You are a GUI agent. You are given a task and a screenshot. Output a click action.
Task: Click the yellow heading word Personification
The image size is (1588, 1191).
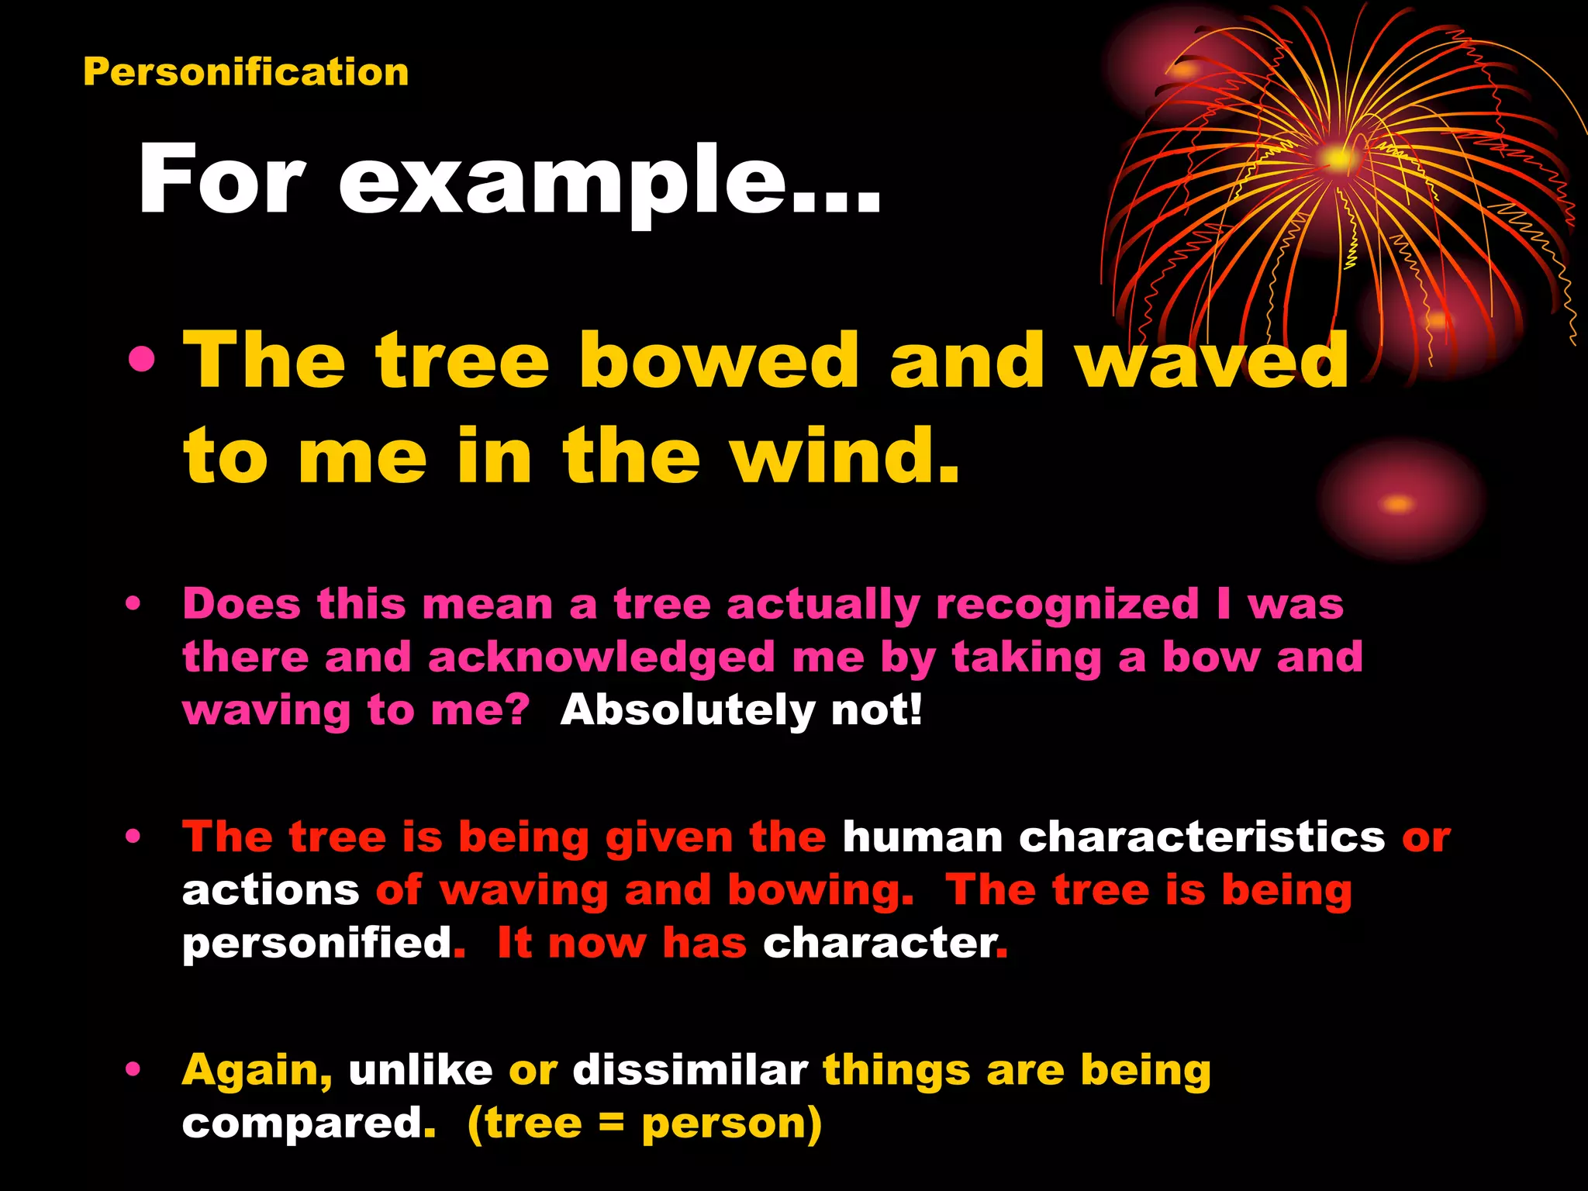[246, 72]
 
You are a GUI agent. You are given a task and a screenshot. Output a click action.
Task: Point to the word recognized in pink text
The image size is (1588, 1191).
[1067, 604]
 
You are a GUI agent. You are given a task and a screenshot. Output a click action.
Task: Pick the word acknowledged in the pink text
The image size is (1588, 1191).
[601, 658]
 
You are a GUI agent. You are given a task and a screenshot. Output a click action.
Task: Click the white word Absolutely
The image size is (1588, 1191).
[688, 709]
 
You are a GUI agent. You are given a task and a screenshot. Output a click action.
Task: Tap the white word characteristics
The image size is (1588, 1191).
[1201, 837]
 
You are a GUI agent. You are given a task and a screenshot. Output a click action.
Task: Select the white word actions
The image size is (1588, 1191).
[271, 890]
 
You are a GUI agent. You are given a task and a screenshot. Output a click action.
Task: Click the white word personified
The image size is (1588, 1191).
[317, 944]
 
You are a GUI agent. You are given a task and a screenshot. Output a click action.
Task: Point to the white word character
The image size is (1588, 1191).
[879, 943]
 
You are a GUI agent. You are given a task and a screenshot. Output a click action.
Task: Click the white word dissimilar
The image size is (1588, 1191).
[690, 1070]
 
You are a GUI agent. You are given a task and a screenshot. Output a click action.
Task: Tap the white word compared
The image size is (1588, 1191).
[302, 1124]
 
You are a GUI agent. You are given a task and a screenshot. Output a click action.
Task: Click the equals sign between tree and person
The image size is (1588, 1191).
[612, 1124]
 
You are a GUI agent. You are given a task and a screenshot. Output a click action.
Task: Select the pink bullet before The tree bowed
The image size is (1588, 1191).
[143, 360]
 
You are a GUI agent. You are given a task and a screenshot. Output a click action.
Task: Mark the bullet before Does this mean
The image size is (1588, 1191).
[133, 604]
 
